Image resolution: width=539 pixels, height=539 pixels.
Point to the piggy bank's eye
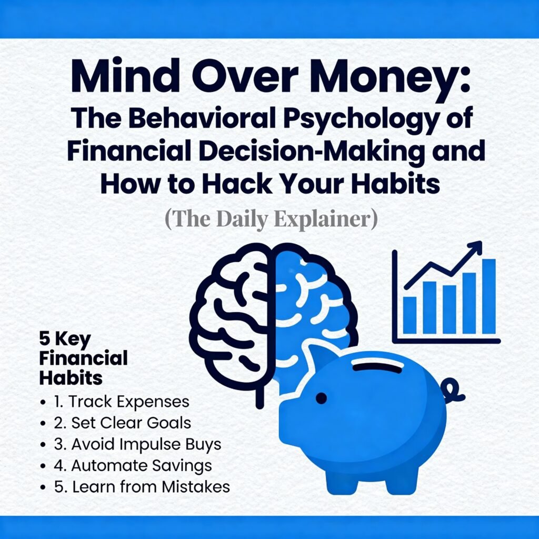tap(321, 398)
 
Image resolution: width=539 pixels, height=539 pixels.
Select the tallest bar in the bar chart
tap(489, 296)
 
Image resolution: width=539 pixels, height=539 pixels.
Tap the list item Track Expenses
tap(121, 402)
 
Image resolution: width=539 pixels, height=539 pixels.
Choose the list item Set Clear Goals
tap(123, 423)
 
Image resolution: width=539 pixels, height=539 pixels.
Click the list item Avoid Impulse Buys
tap(137, 444)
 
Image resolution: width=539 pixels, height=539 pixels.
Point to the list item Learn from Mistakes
tap(142, 487)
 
